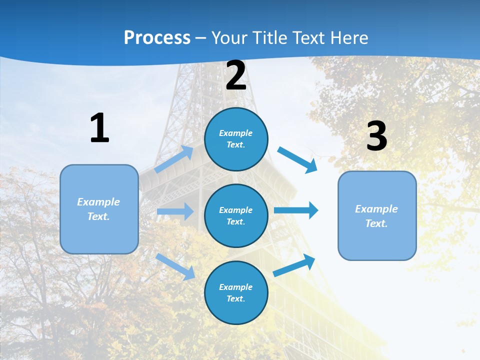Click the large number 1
click(x=99, y=128)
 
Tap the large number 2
click(x=236, y=75)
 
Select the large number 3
click(x=376, y=137)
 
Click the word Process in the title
click(x=157, y=37)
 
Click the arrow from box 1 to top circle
click(x=174, y=159)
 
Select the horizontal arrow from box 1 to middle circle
click(x=175, y=211)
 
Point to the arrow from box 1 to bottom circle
click(x=175, y=266)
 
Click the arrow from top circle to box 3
click(x=297, y=159)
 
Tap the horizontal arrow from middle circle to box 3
click(x=296, y=210)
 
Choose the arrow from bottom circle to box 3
click(x=294, y=265)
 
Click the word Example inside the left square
click(x=98, y=202)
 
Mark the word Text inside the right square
click(x=376, y=223)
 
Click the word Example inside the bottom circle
click(x=235, y=287)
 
